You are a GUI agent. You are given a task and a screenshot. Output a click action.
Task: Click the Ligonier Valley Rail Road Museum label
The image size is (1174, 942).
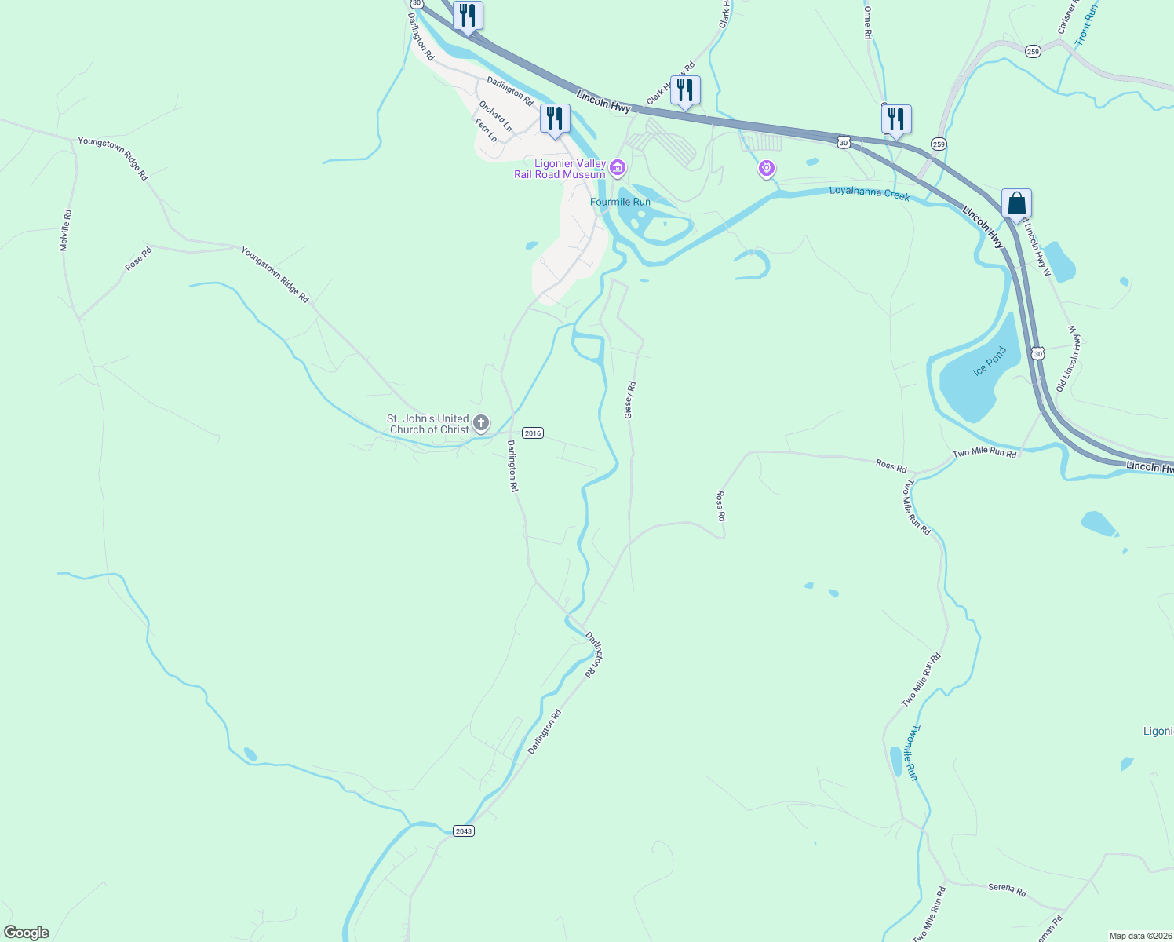(x=560, y=169)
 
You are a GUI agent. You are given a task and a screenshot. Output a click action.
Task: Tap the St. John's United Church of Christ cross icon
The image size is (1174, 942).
(x=481, y=423)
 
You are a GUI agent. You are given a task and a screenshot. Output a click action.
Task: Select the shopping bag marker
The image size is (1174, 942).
(x=1016, y=204)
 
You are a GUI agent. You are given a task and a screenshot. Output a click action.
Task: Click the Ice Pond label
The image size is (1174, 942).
(x=989, y=361)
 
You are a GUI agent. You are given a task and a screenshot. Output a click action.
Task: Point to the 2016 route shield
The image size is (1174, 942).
(x=533, y=433)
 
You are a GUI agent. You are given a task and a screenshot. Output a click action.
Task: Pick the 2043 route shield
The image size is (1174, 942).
(x=464, y=831)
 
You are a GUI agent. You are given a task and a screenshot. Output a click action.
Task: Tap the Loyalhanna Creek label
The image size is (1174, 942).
(x=870, y=192)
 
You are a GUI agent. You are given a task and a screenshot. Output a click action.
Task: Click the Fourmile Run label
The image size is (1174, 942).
(x=620, y=202)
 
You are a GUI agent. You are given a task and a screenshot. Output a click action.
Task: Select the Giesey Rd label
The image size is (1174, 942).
(x=629, y=400)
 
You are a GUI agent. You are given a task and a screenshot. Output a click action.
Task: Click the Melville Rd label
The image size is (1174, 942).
(x=66, y=230)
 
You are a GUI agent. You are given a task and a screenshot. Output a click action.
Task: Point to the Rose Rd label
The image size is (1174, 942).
(x=138, y=258)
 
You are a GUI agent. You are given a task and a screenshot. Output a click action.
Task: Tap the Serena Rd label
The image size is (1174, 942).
(x=1007, y=889)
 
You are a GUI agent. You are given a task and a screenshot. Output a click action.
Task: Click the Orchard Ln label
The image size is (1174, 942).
(x=496, y=116)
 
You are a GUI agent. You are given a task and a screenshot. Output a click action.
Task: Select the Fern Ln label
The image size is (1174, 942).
(x=487, y=130)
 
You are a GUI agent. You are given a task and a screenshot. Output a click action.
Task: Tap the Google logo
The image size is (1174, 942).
(x=27, y=933)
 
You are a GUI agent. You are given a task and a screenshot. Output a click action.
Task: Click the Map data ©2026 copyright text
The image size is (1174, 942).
(x=1139, y=936)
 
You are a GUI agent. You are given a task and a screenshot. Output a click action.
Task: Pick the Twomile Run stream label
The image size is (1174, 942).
(x=910, y=752)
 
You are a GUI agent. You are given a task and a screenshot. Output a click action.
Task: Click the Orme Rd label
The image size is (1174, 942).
(x=867, y=24)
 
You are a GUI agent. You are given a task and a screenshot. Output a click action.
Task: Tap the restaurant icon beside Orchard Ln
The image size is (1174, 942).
(x=555, y=119)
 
